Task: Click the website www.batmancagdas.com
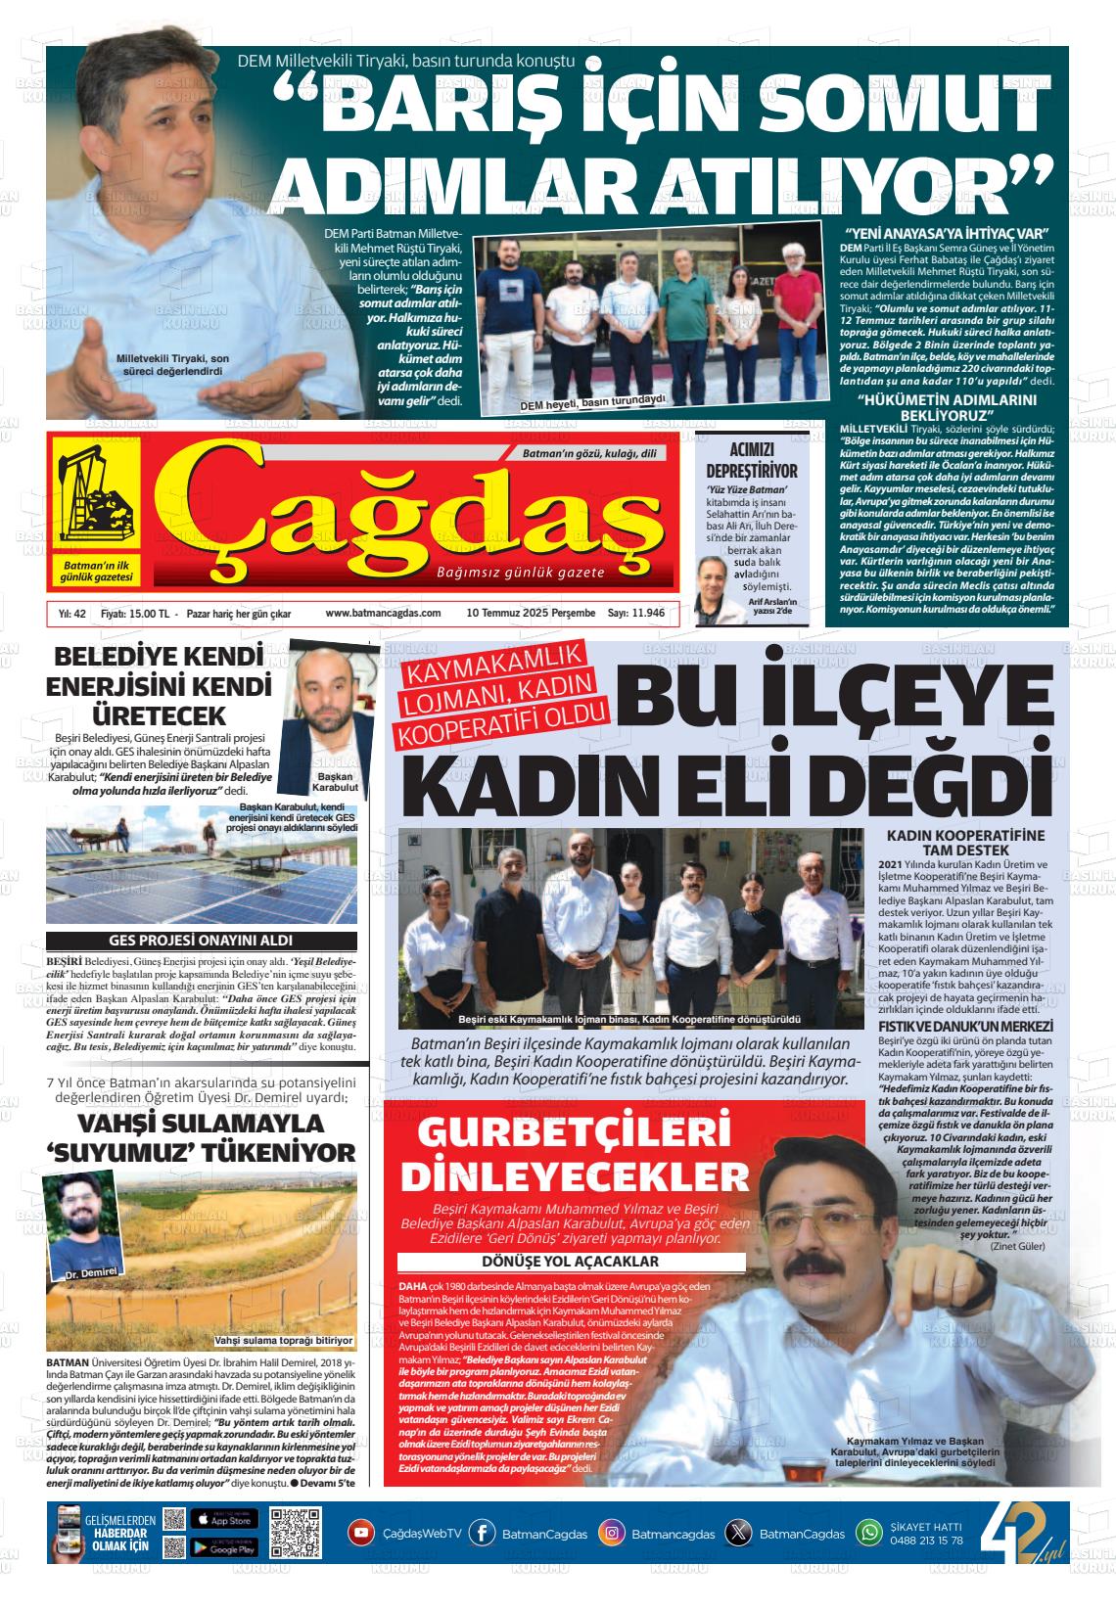coord(383,614)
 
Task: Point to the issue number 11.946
coord(647,614)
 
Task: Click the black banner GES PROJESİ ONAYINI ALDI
coord(202,942)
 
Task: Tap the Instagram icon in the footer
coord(612,1534)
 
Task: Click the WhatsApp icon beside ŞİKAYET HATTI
coord(868,1534)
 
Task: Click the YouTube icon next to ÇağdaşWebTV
coord(362,1534)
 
